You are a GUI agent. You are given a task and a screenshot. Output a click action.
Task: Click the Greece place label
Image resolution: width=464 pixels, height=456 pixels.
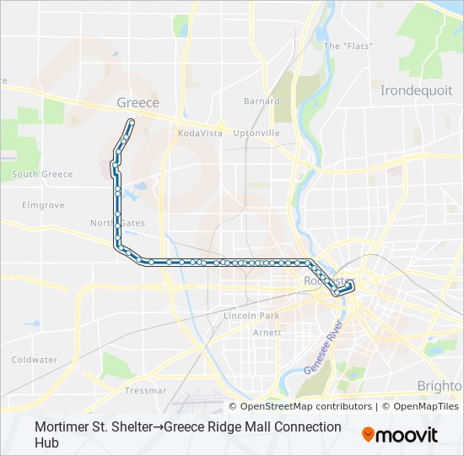[x=138, y=102]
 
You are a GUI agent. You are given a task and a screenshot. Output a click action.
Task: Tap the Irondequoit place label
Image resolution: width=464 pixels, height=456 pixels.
[x=416, y=90]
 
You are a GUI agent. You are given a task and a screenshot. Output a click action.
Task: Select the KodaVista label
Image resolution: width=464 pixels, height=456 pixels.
[x=200, y=133]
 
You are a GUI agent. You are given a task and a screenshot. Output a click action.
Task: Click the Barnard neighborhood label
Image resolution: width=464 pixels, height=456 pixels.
[x=262, y=101]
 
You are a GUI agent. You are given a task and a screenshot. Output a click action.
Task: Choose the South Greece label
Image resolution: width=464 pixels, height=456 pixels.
[x=42, y=175]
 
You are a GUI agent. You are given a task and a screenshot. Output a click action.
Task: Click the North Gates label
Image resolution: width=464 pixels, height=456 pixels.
[x=117, y=223]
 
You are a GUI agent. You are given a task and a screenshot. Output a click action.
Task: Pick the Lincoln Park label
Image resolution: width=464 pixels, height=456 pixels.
[x=251, y=316]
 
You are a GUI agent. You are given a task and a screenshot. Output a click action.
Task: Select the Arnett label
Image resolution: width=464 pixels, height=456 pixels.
[x=267, y=333]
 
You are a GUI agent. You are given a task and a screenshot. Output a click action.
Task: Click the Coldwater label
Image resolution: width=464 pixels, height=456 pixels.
[x=35, y=360]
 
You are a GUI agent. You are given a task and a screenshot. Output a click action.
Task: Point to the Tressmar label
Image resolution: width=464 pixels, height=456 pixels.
[x=145, y=391]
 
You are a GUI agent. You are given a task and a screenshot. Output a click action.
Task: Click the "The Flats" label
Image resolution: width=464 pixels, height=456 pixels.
[x=343, y=46]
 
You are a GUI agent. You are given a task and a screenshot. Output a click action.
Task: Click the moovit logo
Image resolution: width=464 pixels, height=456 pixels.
[x=400, y=434]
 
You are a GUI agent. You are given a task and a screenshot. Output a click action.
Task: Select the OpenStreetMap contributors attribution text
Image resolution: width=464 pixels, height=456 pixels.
[x=301, y=406]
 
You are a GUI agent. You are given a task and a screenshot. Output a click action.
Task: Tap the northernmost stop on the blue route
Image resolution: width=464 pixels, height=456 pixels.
[x=131, y=122]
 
